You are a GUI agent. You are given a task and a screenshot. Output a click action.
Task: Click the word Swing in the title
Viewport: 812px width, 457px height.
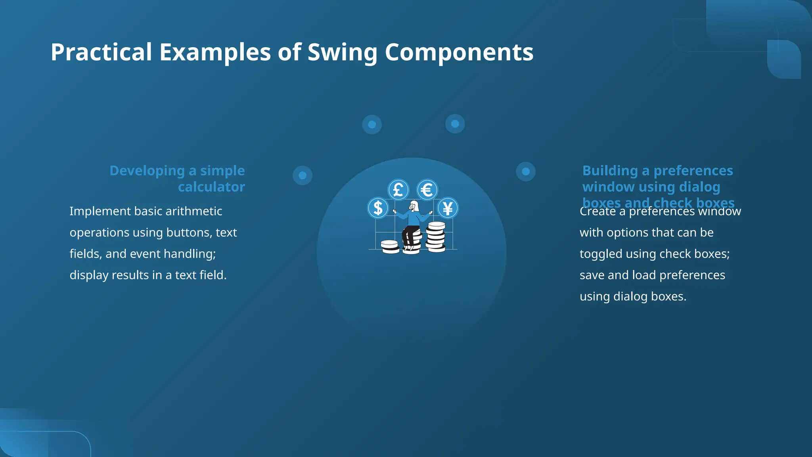pos(342,52)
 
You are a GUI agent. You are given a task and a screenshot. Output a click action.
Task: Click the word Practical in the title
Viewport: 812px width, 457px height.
pos(101,52)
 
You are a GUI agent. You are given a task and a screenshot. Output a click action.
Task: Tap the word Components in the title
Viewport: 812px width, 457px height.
pos(459,52)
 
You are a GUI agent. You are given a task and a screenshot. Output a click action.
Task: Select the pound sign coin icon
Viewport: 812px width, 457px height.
pos(398,190)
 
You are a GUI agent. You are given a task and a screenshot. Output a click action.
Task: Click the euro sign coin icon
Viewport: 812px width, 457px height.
pos(427,190)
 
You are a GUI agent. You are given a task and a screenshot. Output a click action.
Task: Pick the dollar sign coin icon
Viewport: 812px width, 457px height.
pos(378,208)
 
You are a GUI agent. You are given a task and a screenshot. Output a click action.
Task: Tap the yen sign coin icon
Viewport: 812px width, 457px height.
pos(448,208)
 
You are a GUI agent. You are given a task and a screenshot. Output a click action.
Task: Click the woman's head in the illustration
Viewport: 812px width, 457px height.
pos(414,206)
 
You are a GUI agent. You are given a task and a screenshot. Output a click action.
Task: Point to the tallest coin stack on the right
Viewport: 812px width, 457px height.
pos(436,237)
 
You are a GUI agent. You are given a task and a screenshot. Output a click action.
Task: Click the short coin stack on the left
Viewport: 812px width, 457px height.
pos(390,246)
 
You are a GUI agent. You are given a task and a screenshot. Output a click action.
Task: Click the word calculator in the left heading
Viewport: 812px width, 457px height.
pos(211,187)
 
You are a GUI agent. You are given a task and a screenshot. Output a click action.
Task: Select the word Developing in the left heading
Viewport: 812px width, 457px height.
pos(147,171)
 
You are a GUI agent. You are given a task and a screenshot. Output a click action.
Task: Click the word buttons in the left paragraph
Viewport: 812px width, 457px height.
pos(188,232)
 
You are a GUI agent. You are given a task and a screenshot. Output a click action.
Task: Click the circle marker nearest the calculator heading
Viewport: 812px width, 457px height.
pos(303,175)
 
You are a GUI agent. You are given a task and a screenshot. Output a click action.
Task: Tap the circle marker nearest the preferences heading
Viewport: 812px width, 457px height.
pos(526,171)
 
